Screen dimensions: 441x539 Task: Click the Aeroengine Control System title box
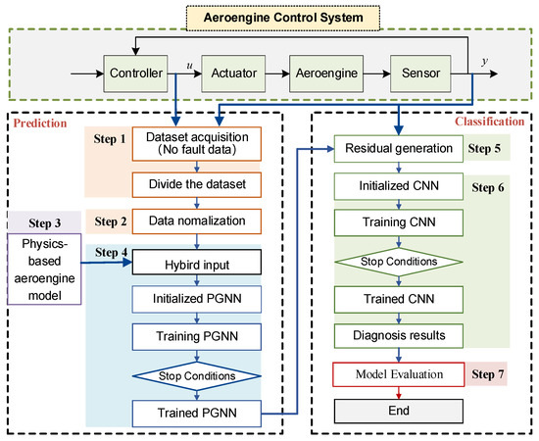[x=269, y=19]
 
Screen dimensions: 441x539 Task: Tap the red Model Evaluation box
[x=393, y=373]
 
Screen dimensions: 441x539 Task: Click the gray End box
[x=393, y=412]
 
